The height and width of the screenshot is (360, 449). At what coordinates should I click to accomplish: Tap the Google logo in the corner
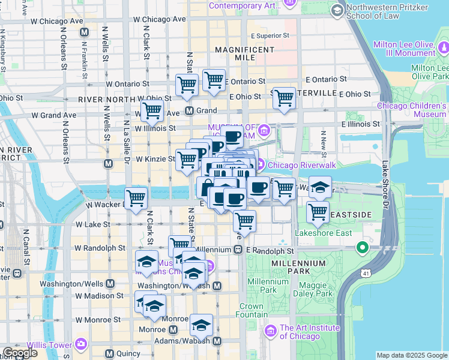(x=20, y=352)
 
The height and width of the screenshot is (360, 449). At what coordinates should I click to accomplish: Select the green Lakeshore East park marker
(x=362, y=247)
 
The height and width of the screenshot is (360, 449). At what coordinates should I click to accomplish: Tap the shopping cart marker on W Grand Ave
(x=152, y=110)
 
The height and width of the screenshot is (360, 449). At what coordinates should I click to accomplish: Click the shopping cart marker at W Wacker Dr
(x=136, y=198)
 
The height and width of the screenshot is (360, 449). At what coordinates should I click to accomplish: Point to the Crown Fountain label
(x=252, y=310)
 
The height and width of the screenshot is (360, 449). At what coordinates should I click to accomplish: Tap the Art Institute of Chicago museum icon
(x=270, y=331)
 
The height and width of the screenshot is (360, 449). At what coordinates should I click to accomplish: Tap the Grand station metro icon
(x=189, y=110)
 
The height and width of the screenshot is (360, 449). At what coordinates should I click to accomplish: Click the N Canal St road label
(x=26, y=246)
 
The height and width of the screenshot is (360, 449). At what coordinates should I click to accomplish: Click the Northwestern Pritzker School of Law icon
(x=336, y=10)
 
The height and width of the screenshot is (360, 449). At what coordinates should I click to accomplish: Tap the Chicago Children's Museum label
(x=411, y=110)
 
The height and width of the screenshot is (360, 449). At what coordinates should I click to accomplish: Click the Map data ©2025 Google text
(x=411, y=355)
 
